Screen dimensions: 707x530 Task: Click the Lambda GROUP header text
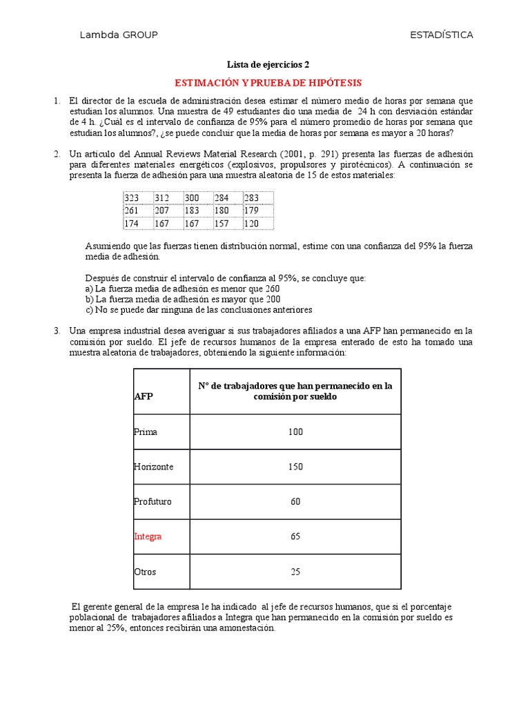119,35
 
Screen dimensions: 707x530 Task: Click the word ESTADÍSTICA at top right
441,35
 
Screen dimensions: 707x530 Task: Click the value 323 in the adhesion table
132,198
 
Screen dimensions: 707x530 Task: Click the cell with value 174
132,224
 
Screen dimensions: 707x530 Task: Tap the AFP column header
144,398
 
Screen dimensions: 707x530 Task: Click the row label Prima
146,432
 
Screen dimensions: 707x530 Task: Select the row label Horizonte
153,467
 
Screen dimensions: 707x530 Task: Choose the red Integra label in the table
148,536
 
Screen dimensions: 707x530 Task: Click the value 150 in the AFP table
295,467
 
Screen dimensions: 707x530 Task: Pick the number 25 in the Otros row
295,572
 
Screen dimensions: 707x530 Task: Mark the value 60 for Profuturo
295,502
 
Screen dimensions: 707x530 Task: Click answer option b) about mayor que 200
182,299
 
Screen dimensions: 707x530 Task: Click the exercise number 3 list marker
57,331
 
